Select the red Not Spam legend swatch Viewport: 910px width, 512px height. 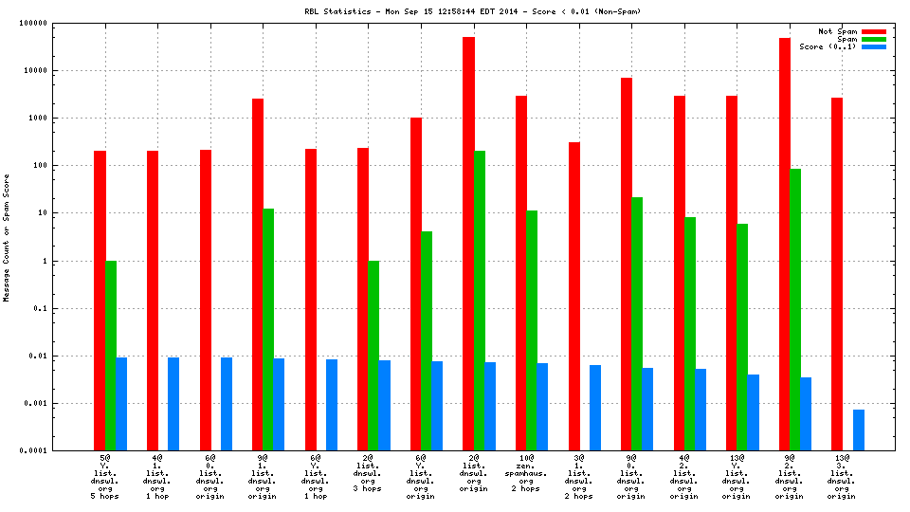[873, 31]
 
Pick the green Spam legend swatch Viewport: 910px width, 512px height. [873, 39]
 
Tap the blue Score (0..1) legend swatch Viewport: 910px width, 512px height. [873, 46]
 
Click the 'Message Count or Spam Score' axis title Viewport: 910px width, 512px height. [8, 237]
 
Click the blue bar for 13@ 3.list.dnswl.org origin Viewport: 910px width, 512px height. [859, 430]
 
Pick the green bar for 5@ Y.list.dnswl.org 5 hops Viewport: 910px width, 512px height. [111, 356]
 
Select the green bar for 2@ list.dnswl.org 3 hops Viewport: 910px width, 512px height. [373, 356]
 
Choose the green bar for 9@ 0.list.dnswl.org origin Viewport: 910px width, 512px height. [637, 323]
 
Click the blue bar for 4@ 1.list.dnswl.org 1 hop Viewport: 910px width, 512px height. [173, 404]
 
